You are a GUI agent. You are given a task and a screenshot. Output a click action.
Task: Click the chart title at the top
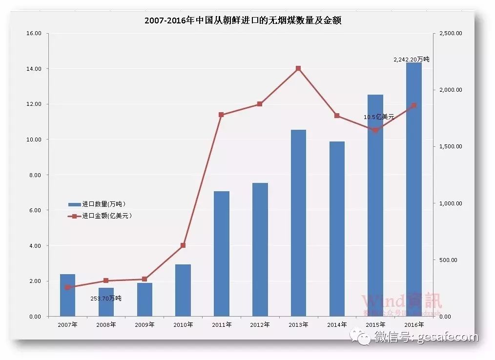tap(243, 20)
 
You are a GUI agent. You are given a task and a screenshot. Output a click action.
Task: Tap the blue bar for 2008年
tap(106, 302)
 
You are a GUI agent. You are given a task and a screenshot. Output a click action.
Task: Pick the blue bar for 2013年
tap(298, 223)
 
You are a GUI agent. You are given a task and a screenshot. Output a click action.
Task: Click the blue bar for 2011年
tap(221, 254)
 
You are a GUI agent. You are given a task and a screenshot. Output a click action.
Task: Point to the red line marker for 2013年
tap(298, 68)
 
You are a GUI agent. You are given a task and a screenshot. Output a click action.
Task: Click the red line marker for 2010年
tap(183, 245)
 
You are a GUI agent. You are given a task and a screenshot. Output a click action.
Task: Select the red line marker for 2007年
tap(67, 287)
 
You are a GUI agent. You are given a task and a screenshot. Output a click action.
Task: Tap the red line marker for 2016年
tap(414, 105)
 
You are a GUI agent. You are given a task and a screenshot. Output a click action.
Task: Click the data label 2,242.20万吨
tap(411, 59)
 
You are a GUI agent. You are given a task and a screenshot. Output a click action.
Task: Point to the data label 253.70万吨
tap(106, 298)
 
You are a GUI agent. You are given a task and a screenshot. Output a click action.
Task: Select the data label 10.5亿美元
tap(379, 117)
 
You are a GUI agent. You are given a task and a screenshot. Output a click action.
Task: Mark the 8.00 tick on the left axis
tap(36, 175)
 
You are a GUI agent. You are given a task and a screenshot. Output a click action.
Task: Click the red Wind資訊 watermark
tap(401, 301)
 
